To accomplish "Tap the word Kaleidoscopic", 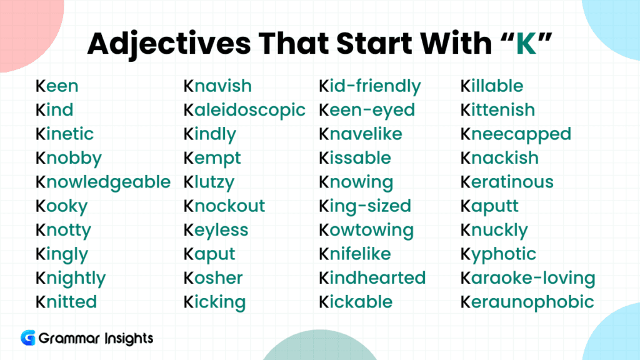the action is [x=244, y=111].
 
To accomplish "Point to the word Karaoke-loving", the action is [x=527, y=279].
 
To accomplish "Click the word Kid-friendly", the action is [x=370, y=86].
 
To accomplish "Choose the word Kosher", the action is [x=213, y=278].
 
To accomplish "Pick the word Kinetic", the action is [x=64, y=134].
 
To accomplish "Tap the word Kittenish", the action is [x=497, y=110].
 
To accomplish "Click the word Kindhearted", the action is [x=372, y=278].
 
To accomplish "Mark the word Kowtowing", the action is [x=366, y=231].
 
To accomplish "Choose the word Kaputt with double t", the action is [x=489, y=206].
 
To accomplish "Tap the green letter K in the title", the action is [x=526, y=43].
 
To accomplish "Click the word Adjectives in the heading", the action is [x=169, y=44].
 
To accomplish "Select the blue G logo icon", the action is [x=28, y=338].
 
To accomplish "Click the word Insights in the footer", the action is [x=129, y=339].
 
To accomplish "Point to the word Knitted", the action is [x=66, y=302].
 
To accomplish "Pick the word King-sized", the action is [x=365, y=206].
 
